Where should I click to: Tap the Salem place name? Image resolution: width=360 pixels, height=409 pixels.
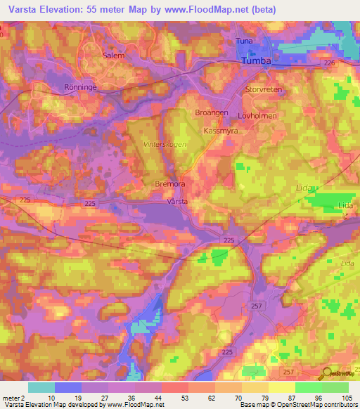(113, 55)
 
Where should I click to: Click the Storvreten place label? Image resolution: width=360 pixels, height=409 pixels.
(262, 91)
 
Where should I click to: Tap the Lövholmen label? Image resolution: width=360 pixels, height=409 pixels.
(277, 115)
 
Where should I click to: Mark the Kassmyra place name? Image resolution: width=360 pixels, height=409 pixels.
(220, 131)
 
